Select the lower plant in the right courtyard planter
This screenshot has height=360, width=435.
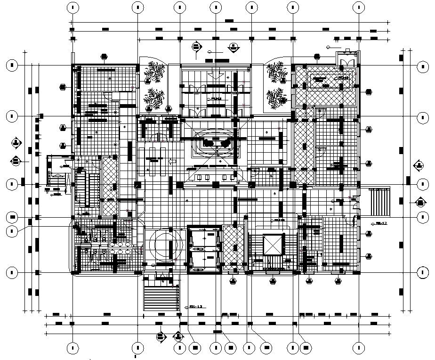click(x=276, y=98)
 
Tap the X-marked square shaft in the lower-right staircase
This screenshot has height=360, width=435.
click(x=271, y=245)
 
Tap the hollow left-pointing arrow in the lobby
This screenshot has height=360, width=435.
click(x=172, y=162)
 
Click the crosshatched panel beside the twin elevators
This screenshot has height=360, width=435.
click(x=231, y=245)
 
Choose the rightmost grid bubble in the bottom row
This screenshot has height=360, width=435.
click(x=358, y=348)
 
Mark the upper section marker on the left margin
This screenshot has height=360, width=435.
click(x=16, y=142)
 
